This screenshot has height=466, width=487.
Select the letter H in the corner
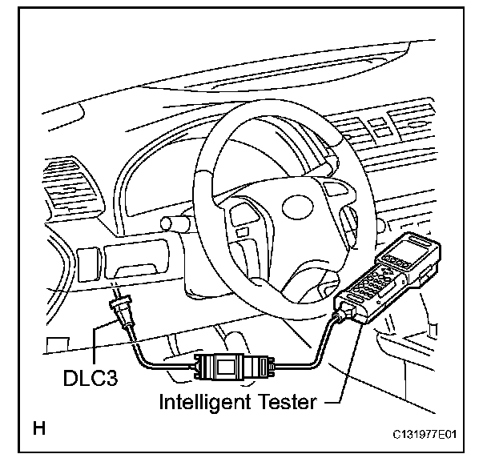38,429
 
